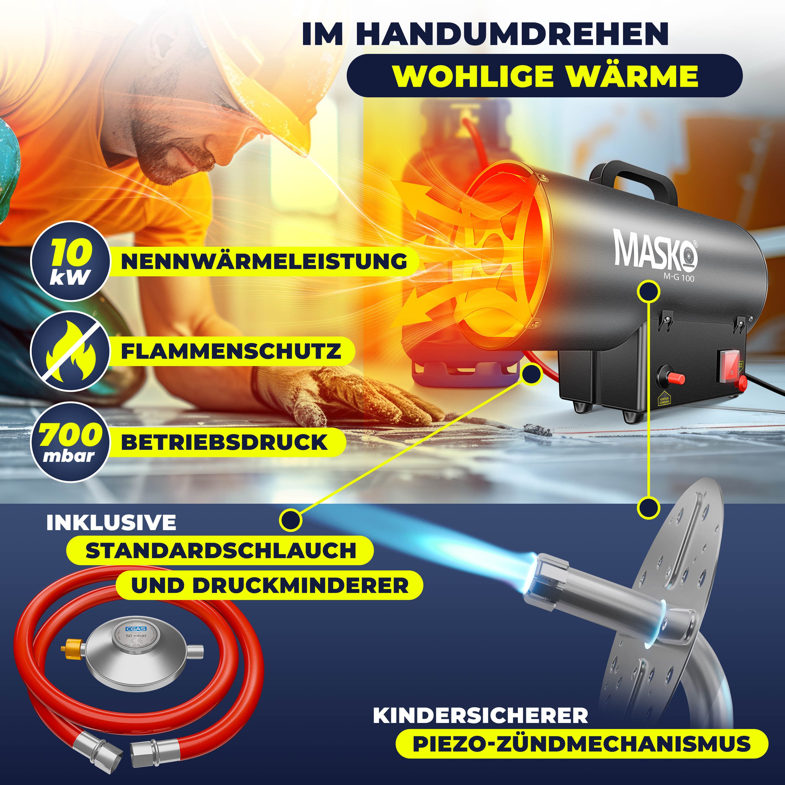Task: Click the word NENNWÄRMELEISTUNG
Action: click(264, 261)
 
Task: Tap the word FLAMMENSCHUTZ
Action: click(231, 351)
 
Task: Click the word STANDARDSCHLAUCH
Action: click(221, 550)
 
